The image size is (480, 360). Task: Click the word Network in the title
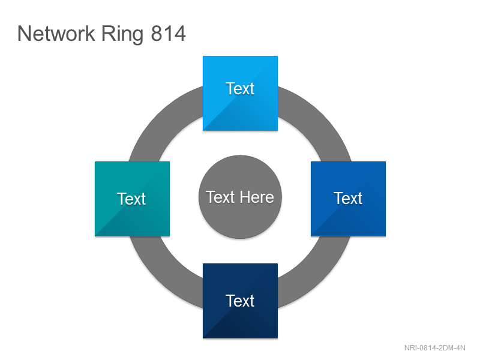[x=56, y=34]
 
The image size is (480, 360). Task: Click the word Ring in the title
[x=122, y=35]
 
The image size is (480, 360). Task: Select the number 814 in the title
[x=169, y=34]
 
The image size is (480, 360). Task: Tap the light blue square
[x=241, y=93]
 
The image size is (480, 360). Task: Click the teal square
[x=132, y=199]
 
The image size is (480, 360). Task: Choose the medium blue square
[x=348, y=199]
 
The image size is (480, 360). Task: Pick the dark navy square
[x=241, y=301]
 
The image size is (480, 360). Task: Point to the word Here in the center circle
[x=257, y=197]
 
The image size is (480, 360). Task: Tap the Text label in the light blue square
[x=240, y=88]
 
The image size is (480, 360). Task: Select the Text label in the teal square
[x=131, y=199]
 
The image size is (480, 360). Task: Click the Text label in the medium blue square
[x=348, y=198]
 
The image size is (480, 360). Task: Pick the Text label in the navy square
[x=240, y=301]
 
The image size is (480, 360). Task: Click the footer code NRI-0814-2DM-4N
[x=434, y=348]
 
